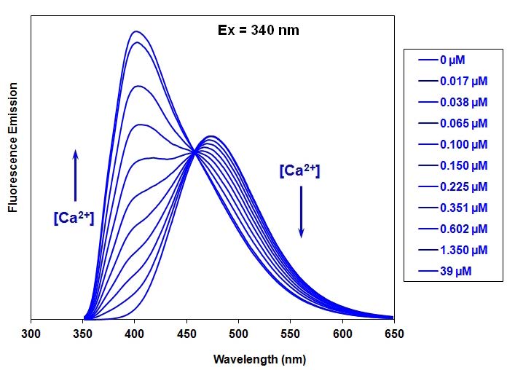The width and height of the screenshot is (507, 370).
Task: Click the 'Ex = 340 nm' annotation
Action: [259, 30]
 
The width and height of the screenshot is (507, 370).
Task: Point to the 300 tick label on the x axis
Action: [31, 334]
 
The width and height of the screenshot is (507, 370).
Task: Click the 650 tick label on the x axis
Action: [393, 334]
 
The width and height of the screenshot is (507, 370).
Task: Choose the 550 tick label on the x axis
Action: [291, 334]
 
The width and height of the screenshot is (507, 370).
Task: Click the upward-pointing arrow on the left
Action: [75, 175]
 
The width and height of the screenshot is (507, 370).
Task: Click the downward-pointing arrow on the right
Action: [301, 211]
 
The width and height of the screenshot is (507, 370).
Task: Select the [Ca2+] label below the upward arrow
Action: [74, 217]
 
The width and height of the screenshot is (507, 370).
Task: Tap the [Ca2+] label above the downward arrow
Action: [299, 171]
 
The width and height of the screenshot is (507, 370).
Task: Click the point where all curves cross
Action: [194, 151]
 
